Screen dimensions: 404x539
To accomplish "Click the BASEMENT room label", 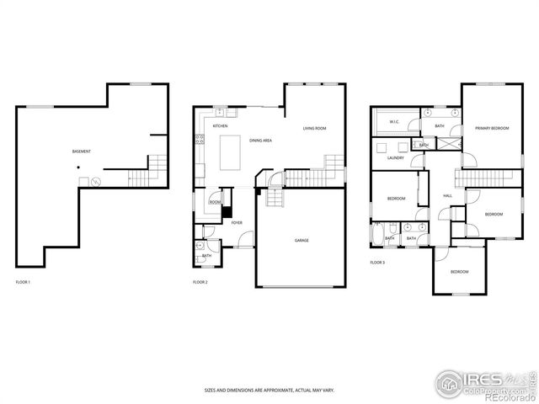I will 82,151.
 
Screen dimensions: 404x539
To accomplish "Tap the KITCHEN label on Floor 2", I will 220,126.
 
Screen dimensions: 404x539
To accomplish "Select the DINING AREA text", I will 260,141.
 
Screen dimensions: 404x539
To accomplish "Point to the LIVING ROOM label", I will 315,128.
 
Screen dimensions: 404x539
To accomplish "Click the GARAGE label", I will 301,241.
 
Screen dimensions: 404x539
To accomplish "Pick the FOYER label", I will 237,223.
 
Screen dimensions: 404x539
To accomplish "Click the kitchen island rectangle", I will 232,152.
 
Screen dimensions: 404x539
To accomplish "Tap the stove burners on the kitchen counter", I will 200,141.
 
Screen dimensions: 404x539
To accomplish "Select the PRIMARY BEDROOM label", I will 492,128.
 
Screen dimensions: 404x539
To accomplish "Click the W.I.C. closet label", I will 394,122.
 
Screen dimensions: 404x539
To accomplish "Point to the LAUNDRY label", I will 395,157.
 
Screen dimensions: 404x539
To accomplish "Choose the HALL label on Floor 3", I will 447,195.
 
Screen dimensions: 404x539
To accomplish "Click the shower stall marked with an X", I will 451,144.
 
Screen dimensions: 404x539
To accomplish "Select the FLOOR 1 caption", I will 23,282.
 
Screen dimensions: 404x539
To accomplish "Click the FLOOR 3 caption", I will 377,263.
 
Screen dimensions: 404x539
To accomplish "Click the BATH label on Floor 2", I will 206,255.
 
